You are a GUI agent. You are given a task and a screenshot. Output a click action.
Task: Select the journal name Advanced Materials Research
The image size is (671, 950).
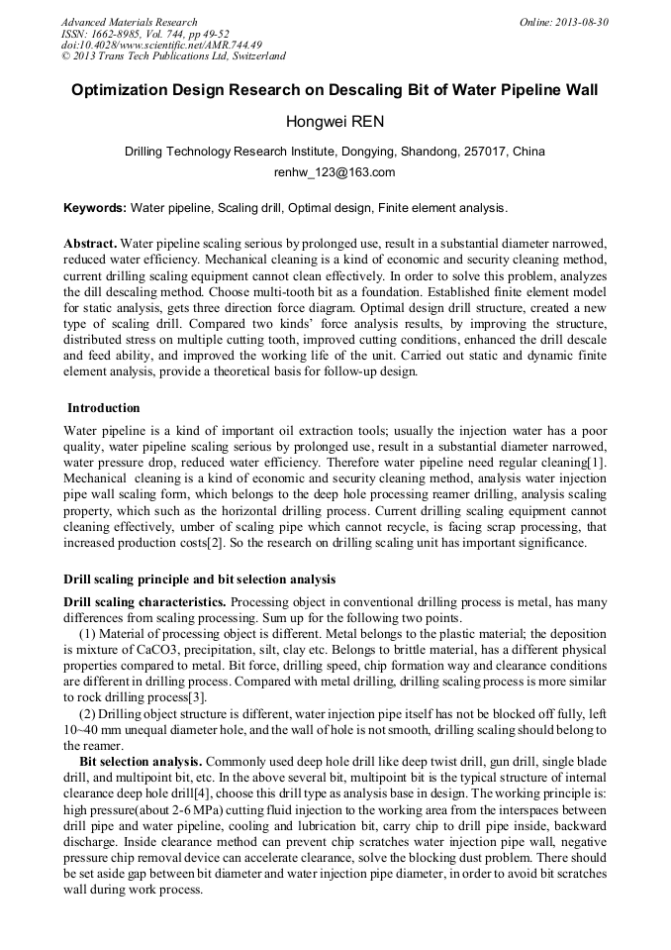[x=129, y=22]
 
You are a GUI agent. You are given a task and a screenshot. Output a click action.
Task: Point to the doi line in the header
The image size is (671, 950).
[x=161, y=45]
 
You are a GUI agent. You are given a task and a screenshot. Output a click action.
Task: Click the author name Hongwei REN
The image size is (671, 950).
[x=335, y=123]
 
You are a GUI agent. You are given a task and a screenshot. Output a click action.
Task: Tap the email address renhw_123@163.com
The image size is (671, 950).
[x=335, y=172]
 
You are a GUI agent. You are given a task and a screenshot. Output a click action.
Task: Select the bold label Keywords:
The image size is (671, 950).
[x=95, y=208]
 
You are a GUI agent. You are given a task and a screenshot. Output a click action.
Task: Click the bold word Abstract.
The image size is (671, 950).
[x=90, y=243]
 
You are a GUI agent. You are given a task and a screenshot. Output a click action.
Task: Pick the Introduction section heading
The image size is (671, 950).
[x=104, y=408]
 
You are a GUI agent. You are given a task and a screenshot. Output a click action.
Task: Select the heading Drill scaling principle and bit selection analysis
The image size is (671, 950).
[x=199, y=579]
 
